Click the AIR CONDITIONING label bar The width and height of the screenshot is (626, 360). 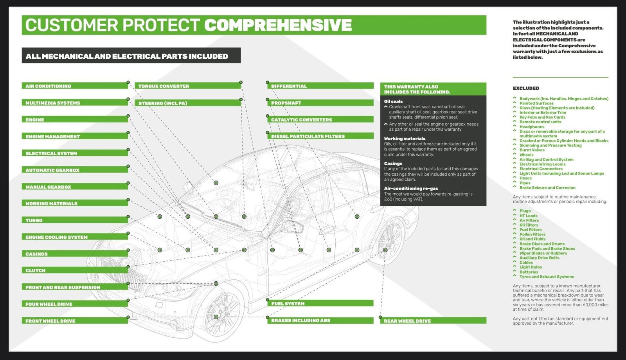click(74, 86)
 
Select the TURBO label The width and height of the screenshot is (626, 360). click(74, 220)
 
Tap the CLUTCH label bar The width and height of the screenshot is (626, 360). click(74, 270)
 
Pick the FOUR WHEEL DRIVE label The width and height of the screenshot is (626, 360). click(74, 304)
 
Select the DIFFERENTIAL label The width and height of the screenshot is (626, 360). click(320, 86)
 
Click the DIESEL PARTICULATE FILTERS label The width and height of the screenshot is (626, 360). click(320, 136)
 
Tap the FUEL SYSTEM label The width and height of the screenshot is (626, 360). click(320, 303)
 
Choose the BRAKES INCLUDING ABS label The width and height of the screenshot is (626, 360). click(320, 320)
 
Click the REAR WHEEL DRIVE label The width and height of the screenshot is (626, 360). click(433, 320)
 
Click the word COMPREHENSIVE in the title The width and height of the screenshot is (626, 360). click(278, 25)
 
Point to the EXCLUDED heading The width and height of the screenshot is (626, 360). click(526, 88)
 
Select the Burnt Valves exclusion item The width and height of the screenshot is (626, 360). click(532, 150)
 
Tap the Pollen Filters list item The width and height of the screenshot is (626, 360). click(532, 234)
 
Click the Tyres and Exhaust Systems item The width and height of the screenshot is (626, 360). click(546, 277)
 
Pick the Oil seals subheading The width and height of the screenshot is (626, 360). click(393, 101)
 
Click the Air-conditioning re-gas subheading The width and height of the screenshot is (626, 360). click(411, 188)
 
